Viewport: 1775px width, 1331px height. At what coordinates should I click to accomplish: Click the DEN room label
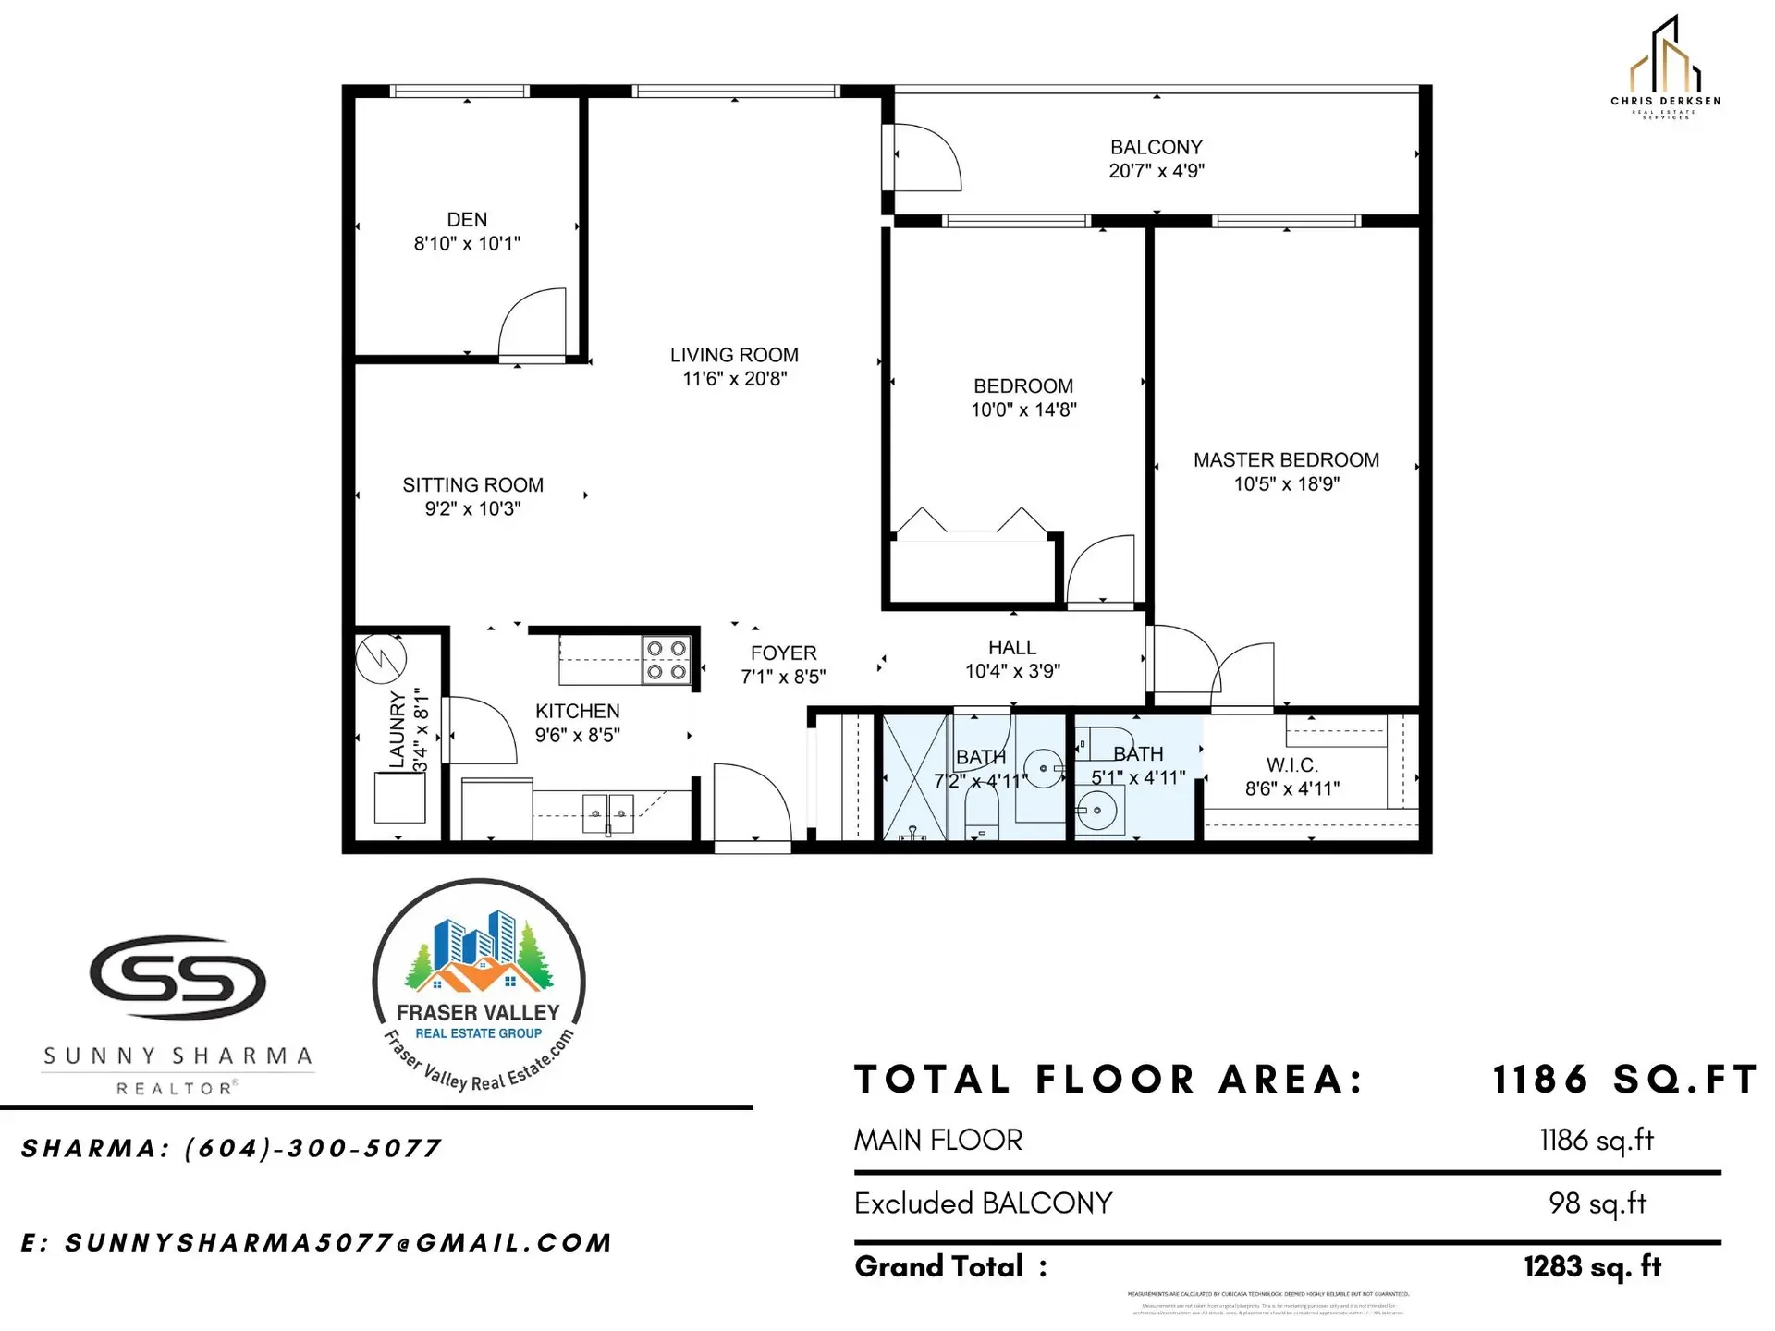coord(467,220)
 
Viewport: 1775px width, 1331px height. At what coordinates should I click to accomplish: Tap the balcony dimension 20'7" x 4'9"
coord(1157,171)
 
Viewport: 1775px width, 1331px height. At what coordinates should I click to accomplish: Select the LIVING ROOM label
coord(734,355)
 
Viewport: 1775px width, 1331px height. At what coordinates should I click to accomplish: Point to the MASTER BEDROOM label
coord(1286,460)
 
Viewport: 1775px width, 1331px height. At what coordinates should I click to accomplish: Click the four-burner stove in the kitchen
coord(667,660)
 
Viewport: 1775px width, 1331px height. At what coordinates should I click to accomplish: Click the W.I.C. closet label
coord(1291,765)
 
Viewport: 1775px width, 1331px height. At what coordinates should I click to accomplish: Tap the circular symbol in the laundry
coord(381,658)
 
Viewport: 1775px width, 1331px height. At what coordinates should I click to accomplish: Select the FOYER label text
coord(783,653)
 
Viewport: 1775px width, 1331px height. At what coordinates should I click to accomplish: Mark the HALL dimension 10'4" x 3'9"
coord(1012,672)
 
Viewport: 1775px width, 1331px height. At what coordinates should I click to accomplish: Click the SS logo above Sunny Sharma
coord(177,977)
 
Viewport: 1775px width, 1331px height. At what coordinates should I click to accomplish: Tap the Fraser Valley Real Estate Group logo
coord(479,984)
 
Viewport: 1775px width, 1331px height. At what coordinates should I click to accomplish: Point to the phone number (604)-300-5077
coord(312,1149)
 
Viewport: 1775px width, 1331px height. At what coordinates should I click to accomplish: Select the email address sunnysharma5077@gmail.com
coord(337,1243)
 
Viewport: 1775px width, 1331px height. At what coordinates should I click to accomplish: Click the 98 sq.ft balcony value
coord(1597,1203)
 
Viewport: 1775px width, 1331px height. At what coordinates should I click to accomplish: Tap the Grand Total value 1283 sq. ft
coord(1592,1267)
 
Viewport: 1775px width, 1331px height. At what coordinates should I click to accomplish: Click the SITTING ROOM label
coord(472,485)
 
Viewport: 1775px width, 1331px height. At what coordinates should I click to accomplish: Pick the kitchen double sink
coord(608,813)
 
